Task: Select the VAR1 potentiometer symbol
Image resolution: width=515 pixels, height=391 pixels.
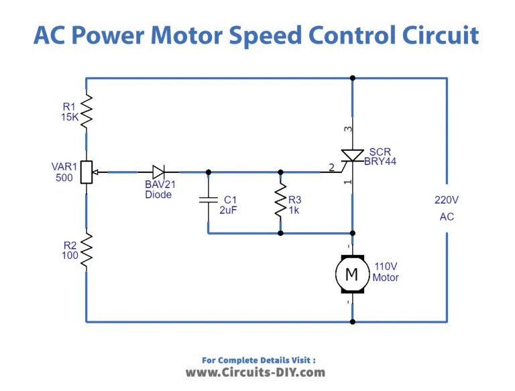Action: pos(87,172)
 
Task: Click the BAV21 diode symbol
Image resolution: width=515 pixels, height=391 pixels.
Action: pos(158,172)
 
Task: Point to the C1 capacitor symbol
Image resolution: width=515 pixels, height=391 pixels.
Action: pos(209,199)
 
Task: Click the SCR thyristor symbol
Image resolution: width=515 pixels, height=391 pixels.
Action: pos(351,156)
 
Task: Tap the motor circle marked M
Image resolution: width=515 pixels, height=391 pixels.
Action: pos(351,273)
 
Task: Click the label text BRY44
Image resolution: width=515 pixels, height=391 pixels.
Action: pos(380,162)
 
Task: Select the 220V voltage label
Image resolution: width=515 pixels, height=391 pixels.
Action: pos(447,199)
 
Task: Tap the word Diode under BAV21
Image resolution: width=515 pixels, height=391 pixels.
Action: pos(158,194)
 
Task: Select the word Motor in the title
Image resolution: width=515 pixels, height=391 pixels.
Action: pos(178,35)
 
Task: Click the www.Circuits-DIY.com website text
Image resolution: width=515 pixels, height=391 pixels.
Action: pos(255,372)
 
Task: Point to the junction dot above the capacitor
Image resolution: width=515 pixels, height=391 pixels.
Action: pos(209,172)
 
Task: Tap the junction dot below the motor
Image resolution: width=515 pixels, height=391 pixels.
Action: pos(352,321)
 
